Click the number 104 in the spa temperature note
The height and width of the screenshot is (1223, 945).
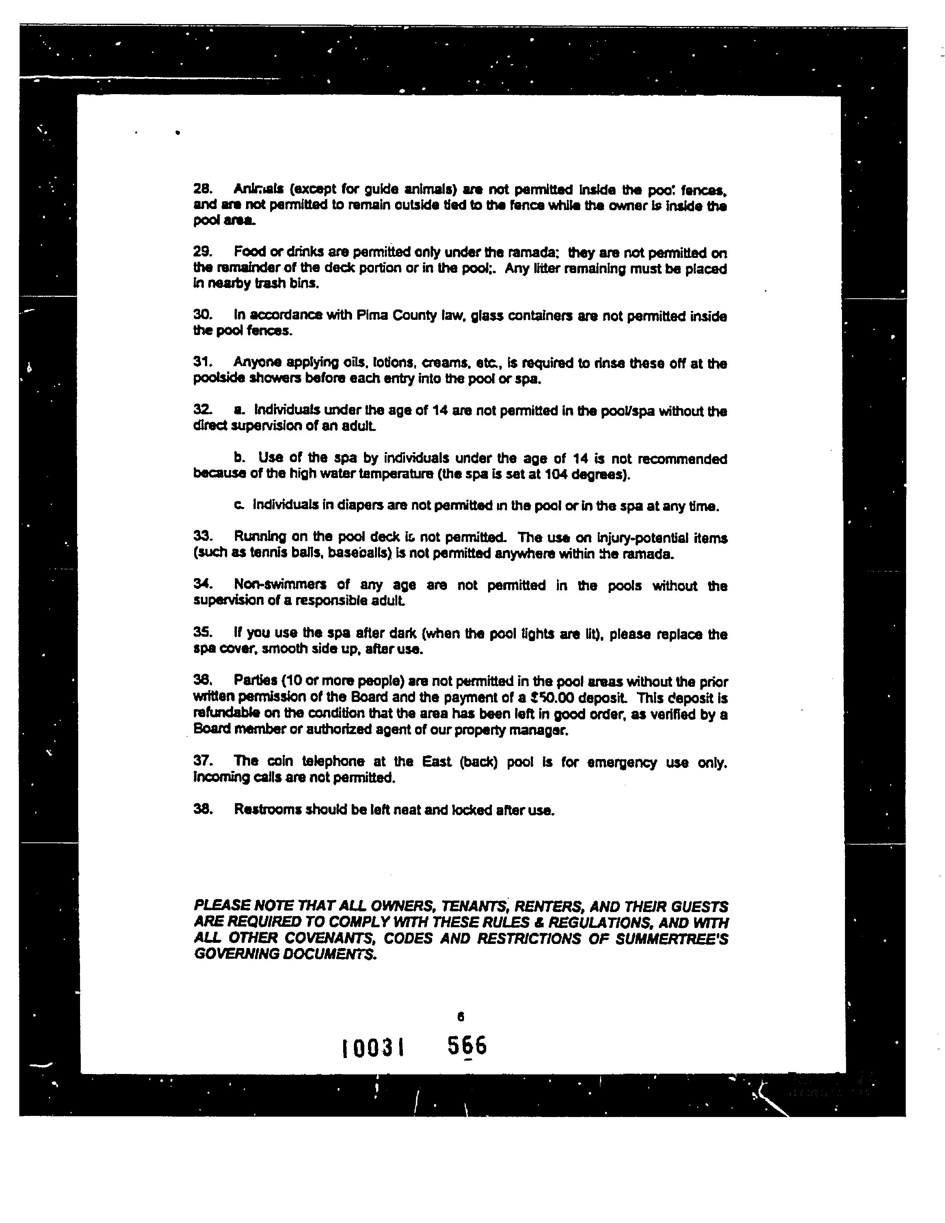point(556,475)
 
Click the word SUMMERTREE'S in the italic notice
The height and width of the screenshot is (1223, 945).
point(672,938)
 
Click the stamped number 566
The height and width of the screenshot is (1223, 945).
point(467,1045)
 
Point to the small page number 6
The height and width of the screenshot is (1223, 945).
point(461,1016)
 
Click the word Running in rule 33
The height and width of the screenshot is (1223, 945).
point(260,537)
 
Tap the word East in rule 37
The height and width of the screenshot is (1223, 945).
point(437,762)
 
